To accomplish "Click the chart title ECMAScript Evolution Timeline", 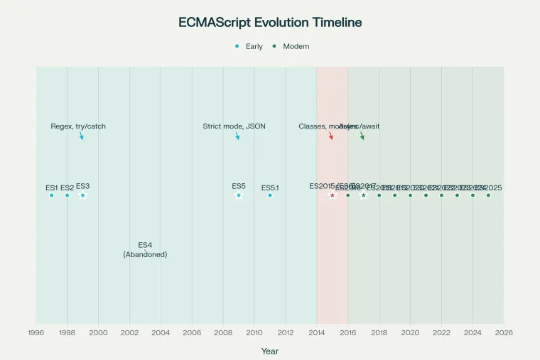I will [x=270, y=22].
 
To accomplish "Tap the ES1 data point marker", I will [x=51, y=195].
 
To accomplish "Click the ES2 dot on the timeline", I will [x=67, y=195].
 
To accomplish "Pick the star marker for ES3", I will [x=82, y=195].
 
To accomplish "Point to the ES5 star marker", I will [x=239, y=195].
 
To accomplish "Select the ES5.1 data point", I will [x=270, y=195].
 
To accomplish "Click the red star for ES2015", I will [x=332, y=195].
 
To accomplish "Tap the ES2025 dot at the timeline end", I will [x=488, y=195].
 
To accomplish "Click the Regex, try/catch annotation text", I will [x=78, y=126].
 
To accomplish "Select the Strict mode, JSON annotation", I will [x=234, y=126].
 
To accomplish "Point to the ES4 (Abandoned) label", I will [x=145, y=249].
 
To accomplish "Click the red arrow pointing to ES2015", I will [x=331, y=136].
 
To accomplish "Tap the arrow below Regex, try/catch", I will [x=82, y=136].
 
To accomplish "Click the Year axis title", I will [x=270, y=351].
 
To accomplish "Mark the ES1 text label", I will [x=51, y=188].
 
